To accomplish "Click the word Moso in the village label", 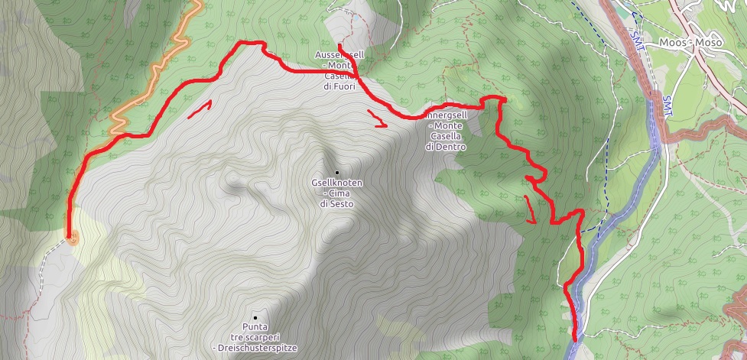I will tap(709, 43).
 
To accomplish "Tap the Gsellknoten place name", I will tap(336, 183).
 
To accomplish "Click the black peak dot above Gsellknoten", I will tap(336, 172).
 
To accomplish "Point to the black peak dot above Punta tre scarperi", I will tap(255, 317).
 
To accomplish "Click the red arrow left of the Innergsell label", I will tap(376, 119).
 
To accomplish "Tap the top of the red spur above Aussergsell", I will tap(338, 45).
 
